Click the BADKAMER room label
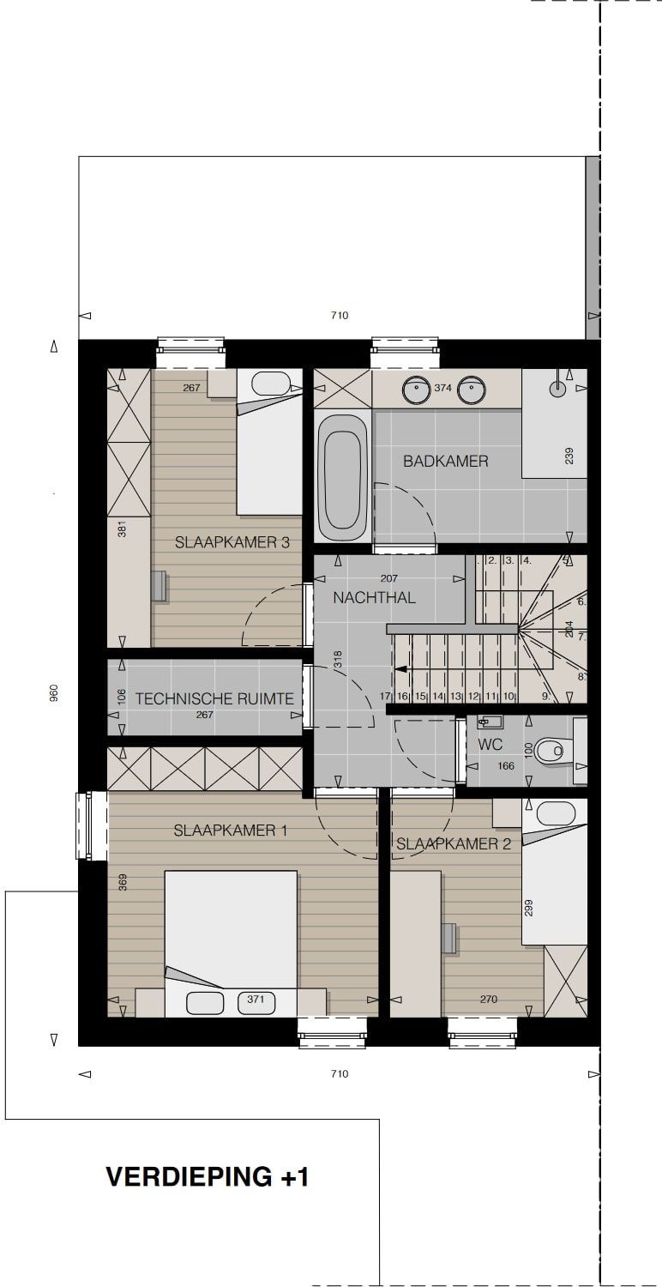[446, 461]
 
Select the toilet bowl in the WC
[550, 750]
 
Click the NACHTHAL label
[375, 597]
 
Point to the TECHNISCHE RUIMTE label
[214, 698]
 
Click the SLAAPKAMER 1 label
[230, 831]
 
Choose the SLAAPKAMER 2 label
[454, 844]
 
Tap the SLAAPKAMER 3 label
[232, 541]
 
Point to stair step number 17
[385, 696]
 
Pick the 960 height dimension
[54, 693]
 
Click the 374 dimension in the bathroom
[442, 388]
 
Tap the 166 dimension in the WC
[506, 766]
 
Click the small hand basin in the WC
[489, 721]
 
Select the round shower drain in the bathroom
[557, 389]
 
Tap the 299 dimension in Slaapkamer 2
[529, 908]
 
